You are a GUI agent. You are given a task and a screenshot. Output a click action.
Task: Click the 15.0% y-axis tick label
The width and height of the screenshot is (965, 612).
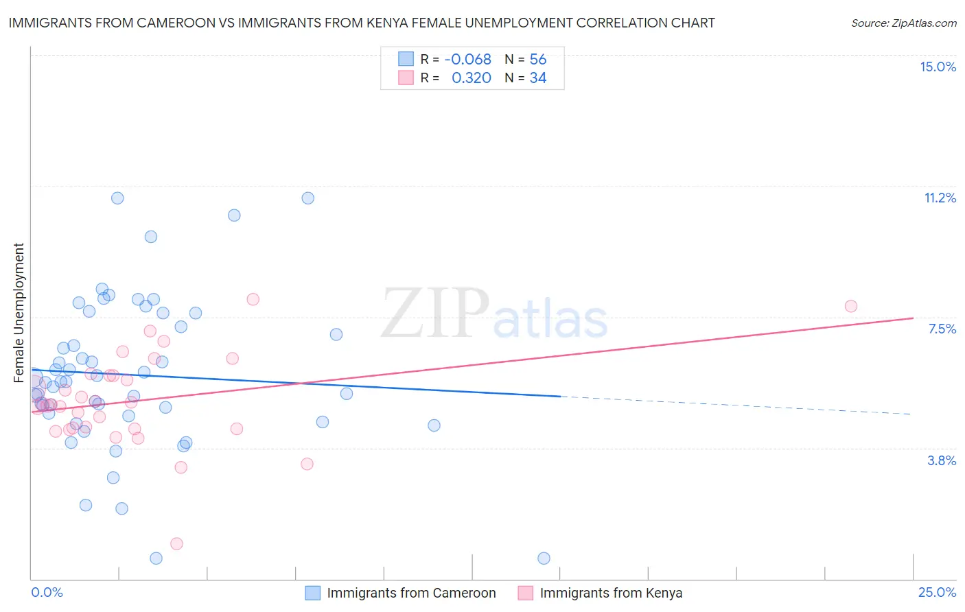938,67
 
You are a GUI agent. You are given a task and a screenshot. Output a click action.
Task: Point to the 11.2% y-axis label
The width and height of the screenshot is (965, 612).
940,198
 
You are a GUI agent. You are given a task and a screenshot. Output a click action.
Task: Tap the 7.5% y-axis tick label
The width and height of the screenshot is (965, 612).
942,329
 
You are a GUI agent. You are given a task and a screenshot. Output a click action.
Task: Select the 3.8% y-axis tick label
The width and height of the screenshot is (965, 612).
942,460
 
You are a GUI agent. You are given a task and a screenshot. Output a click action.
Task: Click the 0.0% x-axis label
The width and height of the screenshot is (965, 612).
47,592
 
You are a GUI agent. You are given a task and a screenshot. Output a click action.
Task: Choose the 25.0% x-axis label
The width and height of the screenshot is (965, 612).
937,592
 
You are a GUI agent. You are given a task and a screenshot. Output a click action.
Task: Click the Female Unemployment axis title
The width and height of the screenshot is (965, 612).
19,312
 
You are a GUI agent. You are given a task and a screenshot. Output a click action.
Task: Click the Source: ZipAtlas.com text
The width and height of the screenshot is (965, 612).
903,23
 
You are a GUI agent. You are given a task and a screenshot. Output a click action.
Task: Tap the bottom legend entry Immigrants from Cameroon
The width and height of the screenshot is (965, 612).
410,593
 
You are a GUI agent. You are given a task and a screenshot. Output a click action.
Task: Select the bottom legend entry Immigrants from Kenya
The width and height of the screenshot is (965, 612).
610,593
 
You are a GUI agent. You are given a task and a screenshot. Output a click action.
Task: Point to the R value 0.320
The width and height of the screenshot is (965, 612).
471,78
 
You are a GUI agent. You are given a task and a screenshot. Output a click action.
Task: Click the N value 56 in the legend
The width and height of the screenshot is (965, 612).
537,59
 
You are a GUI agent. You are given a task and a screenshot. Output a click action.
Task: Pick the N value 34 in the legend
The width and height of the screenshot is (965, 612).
537,78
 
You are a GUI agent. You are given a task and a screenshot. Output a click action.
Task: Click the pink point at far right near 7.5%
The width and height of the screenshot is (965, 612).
851,306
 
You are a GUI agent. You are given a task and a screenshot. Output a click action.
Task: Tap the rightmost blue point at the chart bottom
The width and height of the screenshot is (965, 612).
544,558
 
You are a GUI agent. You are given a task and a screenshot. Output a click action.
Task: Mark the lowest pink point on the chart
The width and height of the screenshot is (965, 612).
176,543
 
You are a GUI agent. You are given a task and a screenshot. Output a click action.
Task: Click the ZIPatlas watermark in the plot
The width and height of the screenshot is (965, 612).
494,315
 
